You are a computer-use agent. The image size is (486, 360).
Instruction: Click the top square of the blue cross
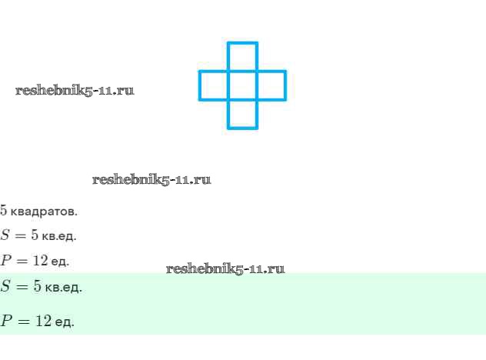pyautogui.click(x=242, y=57)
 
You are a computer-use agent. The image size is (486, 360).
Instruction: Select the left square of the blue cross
pyautogui.click(x=214, y=85)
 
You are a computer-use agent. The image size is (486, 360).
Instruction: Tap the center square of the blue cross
pyautogui.click(x=242, y=85)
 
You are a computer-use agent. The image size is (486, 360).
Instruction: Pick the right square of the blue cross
pyautogui.click(x=271, y=85)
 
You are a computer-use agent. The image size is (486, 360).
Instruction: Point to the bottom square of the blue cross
pyautogui.click(x=242, y=114)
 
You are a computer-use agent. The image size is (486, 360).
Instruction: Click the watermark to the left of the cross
pyautogui.click(x=75, y=90)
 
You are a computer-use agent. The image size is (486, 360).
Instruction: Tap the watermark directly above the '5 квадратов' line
pyautogui.click(x=151, y=179)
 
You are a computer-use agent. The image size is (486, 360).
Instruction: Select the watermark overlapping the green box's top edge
pyautogui.click(x=225, y=268)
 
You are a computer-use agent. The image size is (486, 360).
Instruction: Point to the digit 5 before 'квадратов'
pyautogui.click(x=4, y=210)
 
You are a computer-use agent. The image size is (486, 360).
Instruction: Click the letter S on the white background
pyautogui.click(x=5, y=235)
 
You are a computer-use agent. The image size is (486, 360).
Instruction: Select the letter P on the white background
pyautogui.click(x=5, y=261)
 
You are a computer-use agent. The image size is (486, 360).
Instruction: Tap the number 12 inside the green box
pyautogui.click(x=44, y=321)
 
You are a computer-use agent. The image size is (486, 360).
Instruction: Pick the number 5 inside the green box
pyautogui.click(x=36, y=287)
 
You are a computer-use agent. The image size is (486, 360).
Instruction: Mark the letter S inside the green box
pyautogui.click(x=5, y=287)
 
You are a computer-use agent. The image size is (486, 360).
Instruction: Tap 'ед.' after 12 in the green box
pyautogui.click(x=65, y=322)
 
